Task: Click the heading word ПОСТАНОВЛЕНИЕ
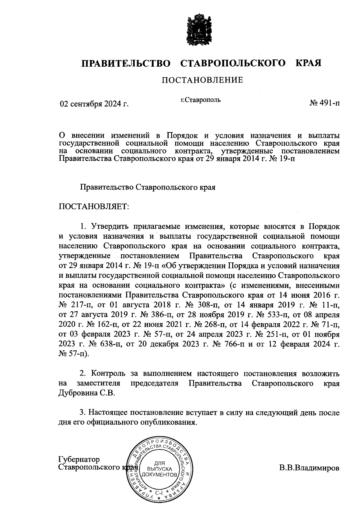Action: click(202, 80)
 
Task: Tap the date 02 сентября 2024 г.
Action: click(94, 104)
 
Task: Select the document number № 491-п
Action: click(325, 103)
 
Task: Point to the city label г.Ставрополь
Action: click(200, 100)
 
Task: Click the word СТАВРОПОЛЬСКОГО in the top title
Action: click(233, 63)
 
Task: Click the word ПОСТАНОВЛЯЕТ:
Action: click(93, 207)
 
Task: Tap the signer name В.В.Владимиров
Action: click(309, 468)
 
